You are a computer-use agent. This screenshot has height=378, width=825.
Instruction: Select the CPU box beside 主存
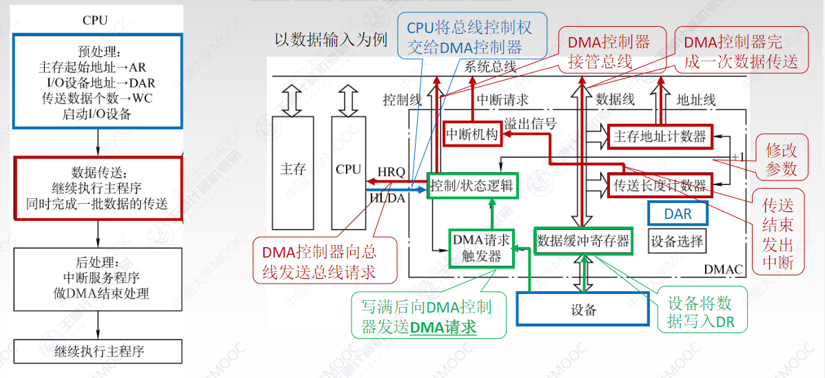[348, 173]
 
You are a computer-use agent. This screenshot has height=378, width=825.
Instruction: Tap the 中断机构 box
[471, 134]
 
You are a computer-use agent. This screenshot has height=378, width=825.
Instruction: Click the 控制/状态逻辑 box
[472, 185]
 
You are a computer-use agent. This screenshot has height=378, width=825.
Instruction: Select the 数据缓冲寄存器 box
[582, 241]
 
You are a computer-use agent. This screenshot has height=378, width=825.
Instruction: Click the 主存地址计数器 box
[660, 137]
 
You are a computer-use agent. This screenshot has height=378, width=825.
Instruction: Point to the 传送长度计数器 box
[660, 185]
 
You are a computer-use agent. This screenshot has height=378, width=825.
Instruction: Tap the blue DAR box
[678, 214]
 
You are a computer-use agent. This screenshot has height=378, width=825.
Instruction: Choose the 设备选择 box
[677, 241]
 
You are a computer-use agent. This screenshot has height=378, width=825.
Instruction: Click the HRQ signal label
[391, 172]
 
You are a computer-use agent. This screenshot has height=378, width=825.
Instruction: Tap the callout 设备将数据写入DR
[702, 313]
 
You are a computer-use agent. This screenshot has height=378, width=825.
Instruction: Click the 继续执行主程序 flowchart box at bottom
[99, 351]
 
